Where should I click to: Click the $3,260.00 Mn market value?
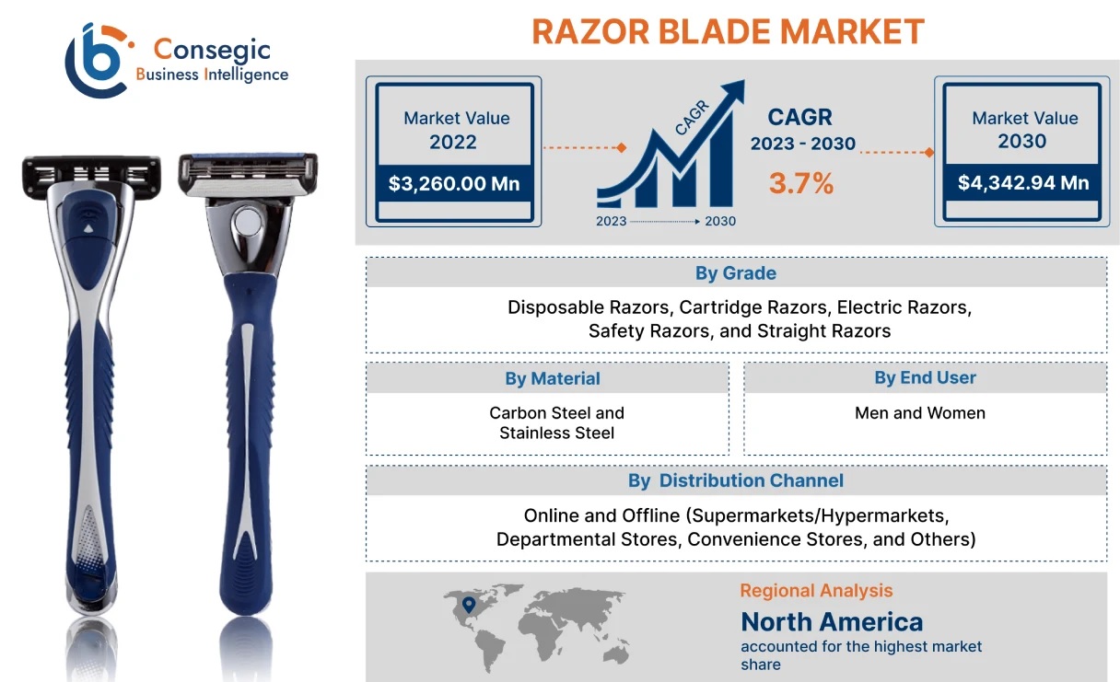click(454, 183)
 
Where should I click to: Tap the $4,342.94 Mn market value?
click(1023, 182)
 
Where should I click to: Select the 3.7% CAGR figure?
click(801, 183)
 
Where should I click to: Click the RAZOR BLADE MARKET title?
click(728, 31)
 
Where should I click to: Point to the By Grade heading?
click(736, 272)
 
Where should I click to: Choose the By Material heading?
click(552, 378)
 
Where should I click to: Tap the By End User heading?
click(925, 377)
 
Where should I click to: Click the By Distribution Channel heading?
click(736, 480)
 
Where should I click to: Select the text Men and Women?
click(920, 412)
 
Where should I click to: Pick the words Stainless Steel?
click(556, 433)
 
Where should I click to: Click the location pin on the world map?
click(469, 605)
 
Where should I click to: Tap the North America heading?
click(832, 622)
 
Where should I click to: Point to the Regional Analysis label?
click(816, 591)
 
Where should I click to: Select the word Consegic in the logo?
click(212, 50)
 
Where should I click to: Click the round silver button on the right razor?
click(248, 221)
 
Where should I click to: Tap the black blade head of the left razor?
click(91, 176)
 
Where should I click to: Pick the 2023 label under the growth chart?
click(611, 221)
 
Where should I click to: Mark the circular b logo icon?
click(98, 61)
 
